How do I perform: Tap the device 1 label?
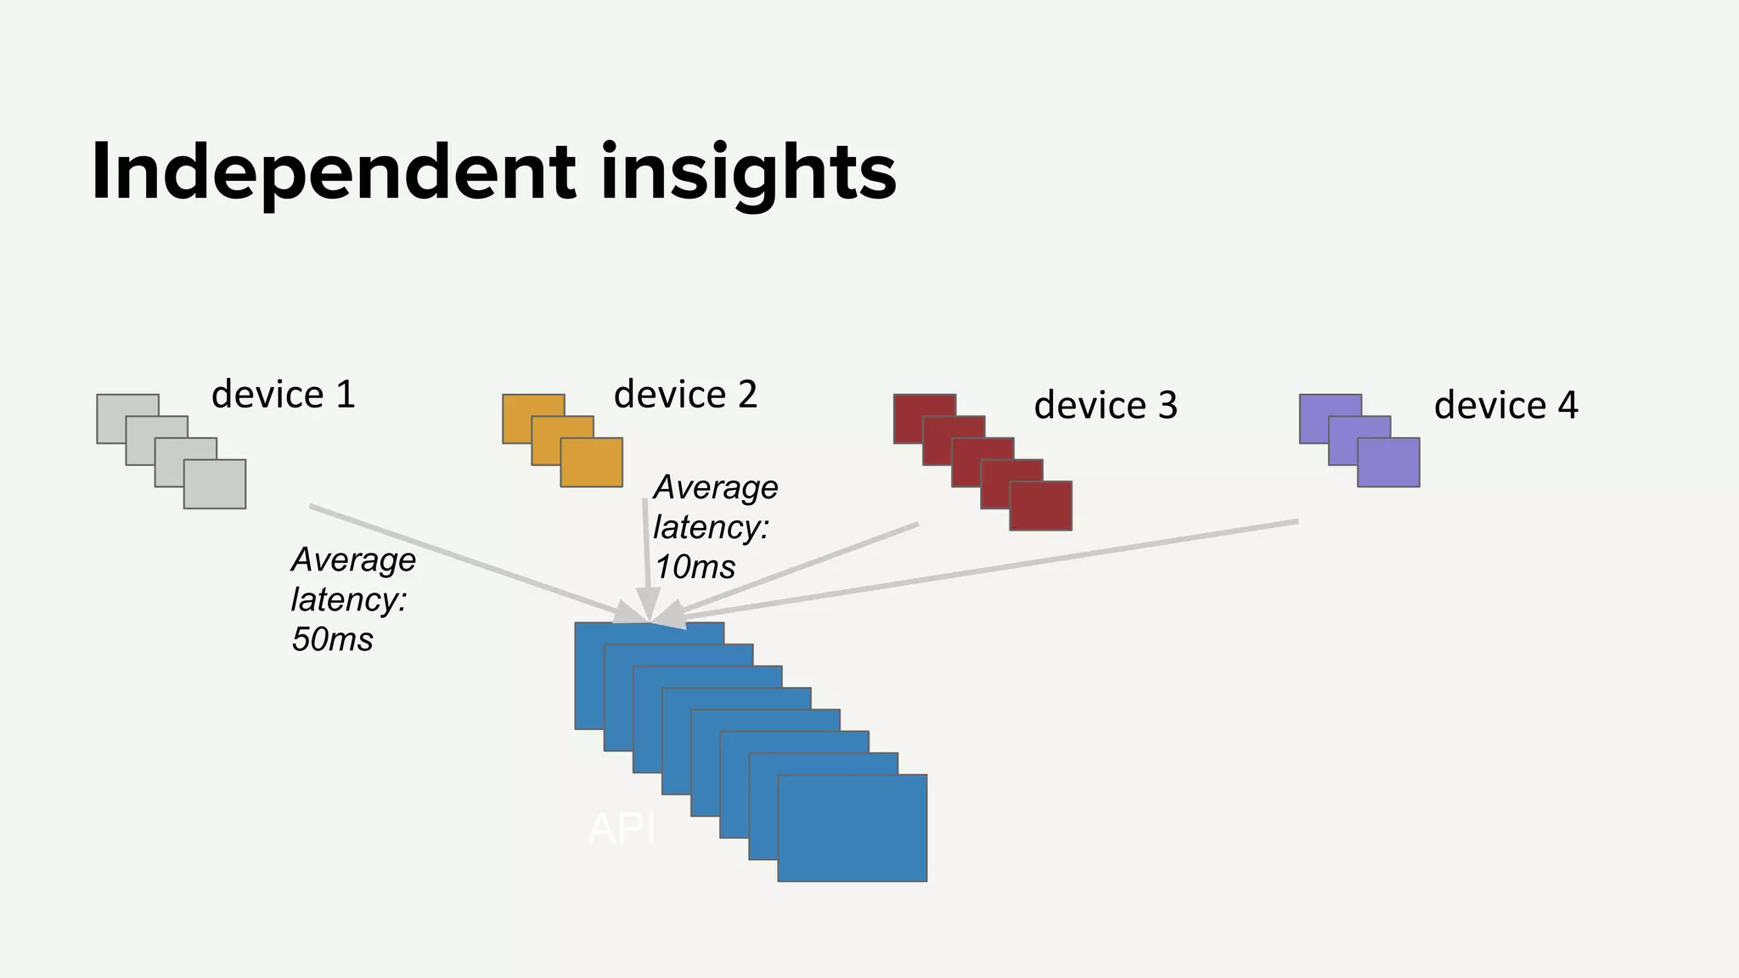click(x=283, y=395)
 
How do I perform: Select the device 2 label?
click(x=685, y=395)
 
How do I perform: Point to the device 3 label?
click(x=1106, y=406)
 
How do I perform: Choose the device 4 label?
click(x=1505, y=406)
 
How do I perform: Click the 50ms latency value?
click(x=332, y=639)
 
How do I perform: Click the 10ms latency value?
click(x=695, y=567)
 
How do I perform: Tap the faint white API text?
click(x=622, y=829)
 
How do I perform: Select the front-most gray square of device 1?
click(x=215, y=485)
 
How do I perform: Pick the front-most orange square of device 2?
click(x=592, y=463)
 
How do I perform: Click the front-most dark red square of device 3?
click(x=1041, y=506)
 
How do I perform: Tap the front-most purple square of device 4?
click(x=1388, y=463)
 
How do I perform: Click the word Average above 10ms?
click(x=715, y=488)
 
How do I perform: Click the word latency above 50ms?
click(x=349, y=600)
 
